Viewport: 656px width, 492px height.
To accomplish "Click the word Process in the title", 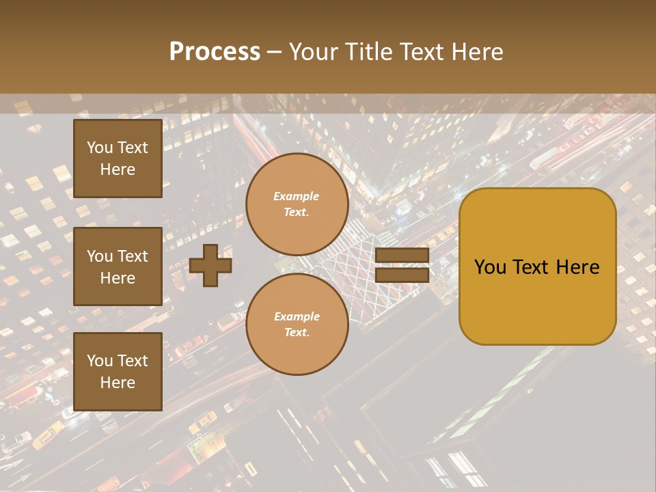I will tap(215, 52).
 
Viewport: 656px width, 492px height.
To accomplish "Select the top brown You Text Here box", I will tap(118, 159).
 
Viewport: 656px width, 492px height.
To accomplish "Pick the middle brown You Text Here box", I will tap(118, 266).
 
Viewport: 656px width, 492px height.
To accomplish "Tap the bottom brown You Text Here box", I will tap(118, 372).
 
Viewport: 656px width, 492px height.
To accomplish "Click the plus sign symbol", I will tap(210, 265).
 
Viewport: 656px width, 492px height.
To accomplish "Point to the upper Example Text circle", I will tap(297, 204).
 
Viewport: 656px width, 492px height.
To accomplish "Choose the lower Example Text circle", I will tap(297, 325).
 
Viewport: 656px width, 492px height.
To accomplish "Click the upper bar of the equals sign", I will tap(402, 256).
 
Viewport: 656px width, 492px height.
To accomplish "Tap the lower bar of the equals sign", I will tap(402, 275).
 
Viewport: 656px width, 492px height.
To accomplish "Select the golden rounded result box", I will tap(537, 266).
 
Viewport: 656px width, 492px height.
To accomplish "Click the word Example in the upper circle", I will tap(297, 196).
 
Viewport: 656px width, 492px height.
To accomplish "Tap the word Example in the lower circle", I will tap(297, 316).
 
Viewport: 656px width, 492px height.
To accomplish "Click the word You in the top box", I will tap(100, 148).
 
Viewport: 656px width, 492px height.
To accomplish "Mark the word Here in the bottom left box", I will tap(118, 383).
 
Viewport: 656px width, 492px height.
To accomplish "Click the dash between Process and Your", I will tap(274, 52).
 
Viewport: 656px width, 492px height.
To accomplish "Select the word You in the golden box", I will tap(490, 267).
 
